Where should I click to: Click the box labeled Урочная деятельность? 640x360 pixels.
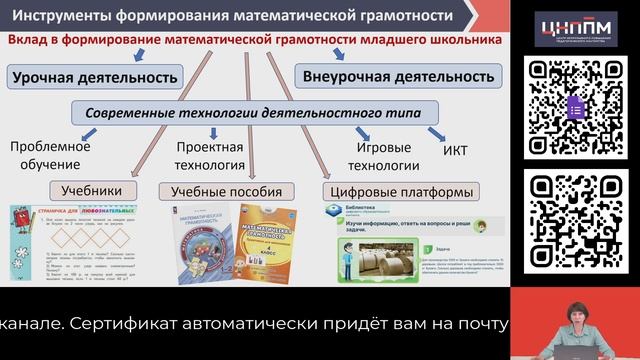pos(96,76)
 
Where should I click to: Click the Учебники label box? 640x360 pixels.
pos(91,189)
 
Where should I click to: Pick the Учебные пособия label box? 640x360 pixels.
pos(226,191)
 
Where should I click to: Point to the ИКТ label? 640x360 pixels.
pos(455,153)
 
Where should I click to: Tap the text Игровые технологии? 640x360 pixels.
pos(384,156)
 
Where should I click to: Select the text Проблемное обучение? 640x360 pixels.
pos(50,155)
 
